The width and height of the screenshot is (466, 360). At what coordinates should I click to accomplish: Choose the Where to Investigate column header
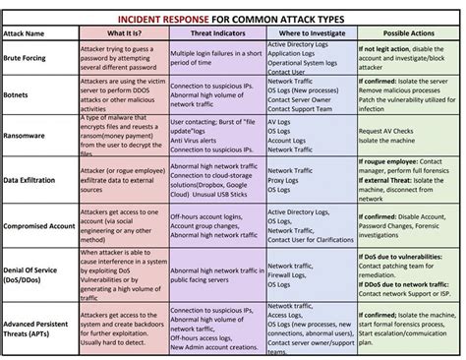tap(305, 32)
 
